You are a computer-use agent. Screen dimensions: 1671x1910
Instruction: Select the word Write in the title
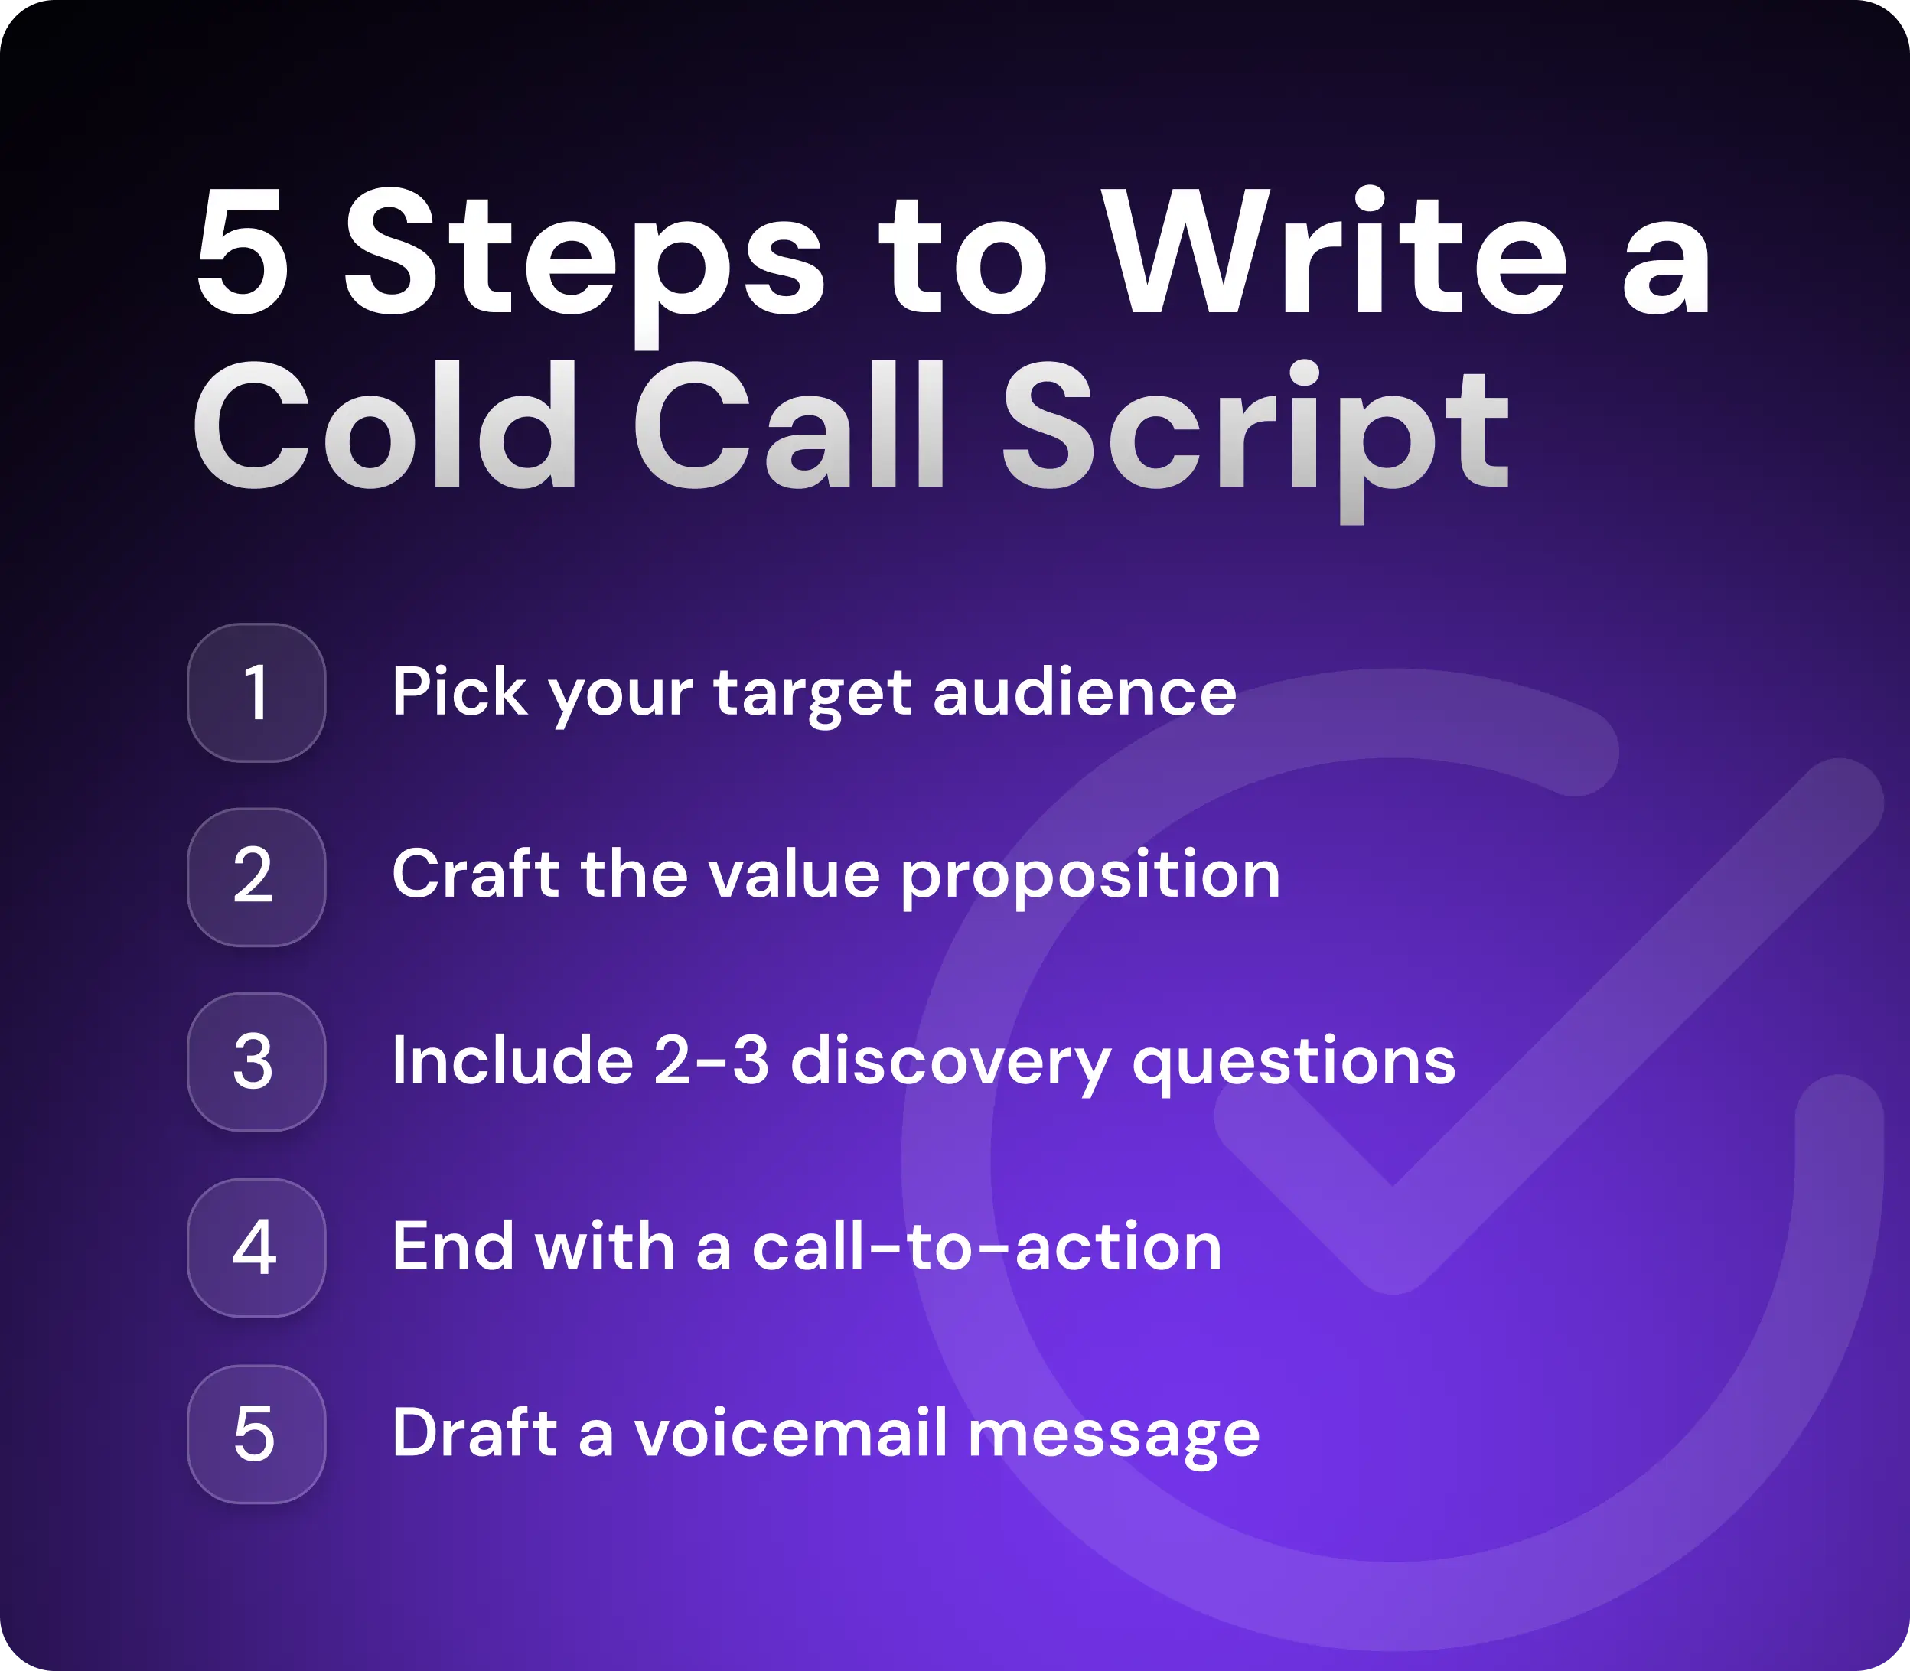[x=1338, y=254]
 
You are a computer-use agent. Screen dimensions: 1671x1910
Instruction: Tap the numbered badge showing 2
[x=256, y=877]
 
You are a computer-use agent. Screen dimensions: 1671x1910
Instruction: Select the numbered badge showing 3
[x=256, y=1062]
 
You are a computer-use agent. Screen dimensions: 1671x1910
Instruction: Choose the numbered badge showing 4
[x=256, y=1248]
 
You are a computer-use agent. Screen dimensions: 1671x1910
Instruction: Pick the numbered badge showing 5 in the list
[x=256, y=1433]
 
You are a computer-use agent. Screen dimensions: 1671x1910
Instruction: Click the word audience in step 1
[x=1084, y=693]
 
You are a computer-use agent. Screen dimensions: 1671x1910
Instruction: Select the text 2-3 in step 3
[x=711, y=1061]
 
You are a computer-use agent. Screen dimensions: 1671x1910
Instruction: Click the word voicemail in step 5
[x=791, y=1432]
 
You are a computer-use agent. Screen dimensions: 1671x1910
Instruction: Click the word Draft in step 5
[x=474, y=1432]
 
